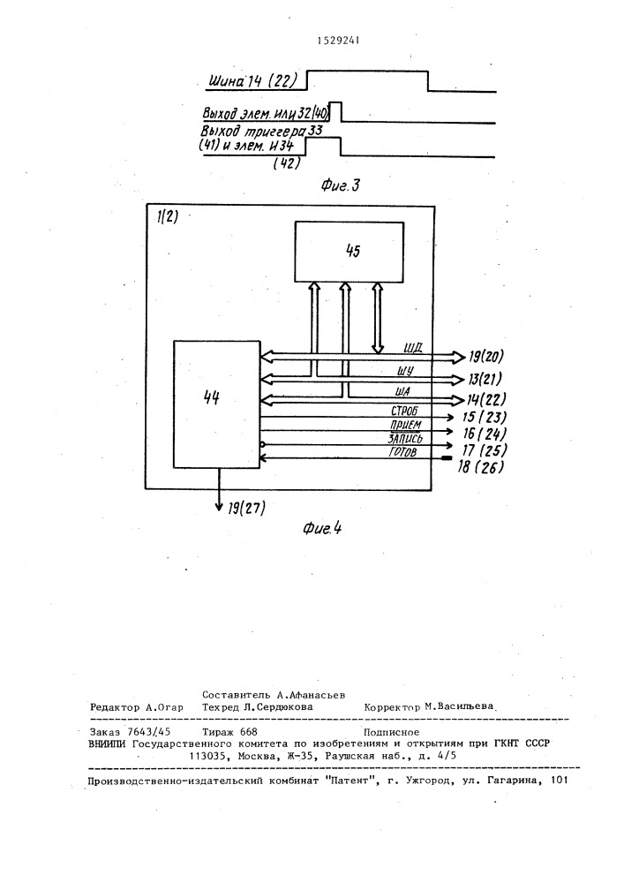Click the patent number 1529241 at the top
pos(338,40)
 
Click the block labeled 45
pos(350,251)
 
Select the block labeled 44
pos(216,404)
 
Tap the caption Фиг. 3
pos(341,185)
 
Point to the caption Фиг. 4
pos(322,528)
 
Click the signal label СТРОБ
pos(404,411)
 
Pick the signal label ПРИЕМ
pos(406,425)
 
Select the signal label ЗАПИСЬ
pos(405,438)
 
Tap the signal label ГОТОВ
pos(402,451)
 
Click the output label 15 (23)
pos(484,418)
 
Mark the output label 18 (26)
pos(480,467)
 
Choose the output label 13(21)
pos(485,379)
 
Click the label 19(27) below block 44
pos(246,508)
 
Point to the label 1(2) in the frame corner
pos(168,217)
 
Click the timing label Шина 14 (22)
pos(252,81)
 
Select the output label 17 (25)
pos(484,450)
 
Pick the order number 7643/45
pos(149,731)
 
